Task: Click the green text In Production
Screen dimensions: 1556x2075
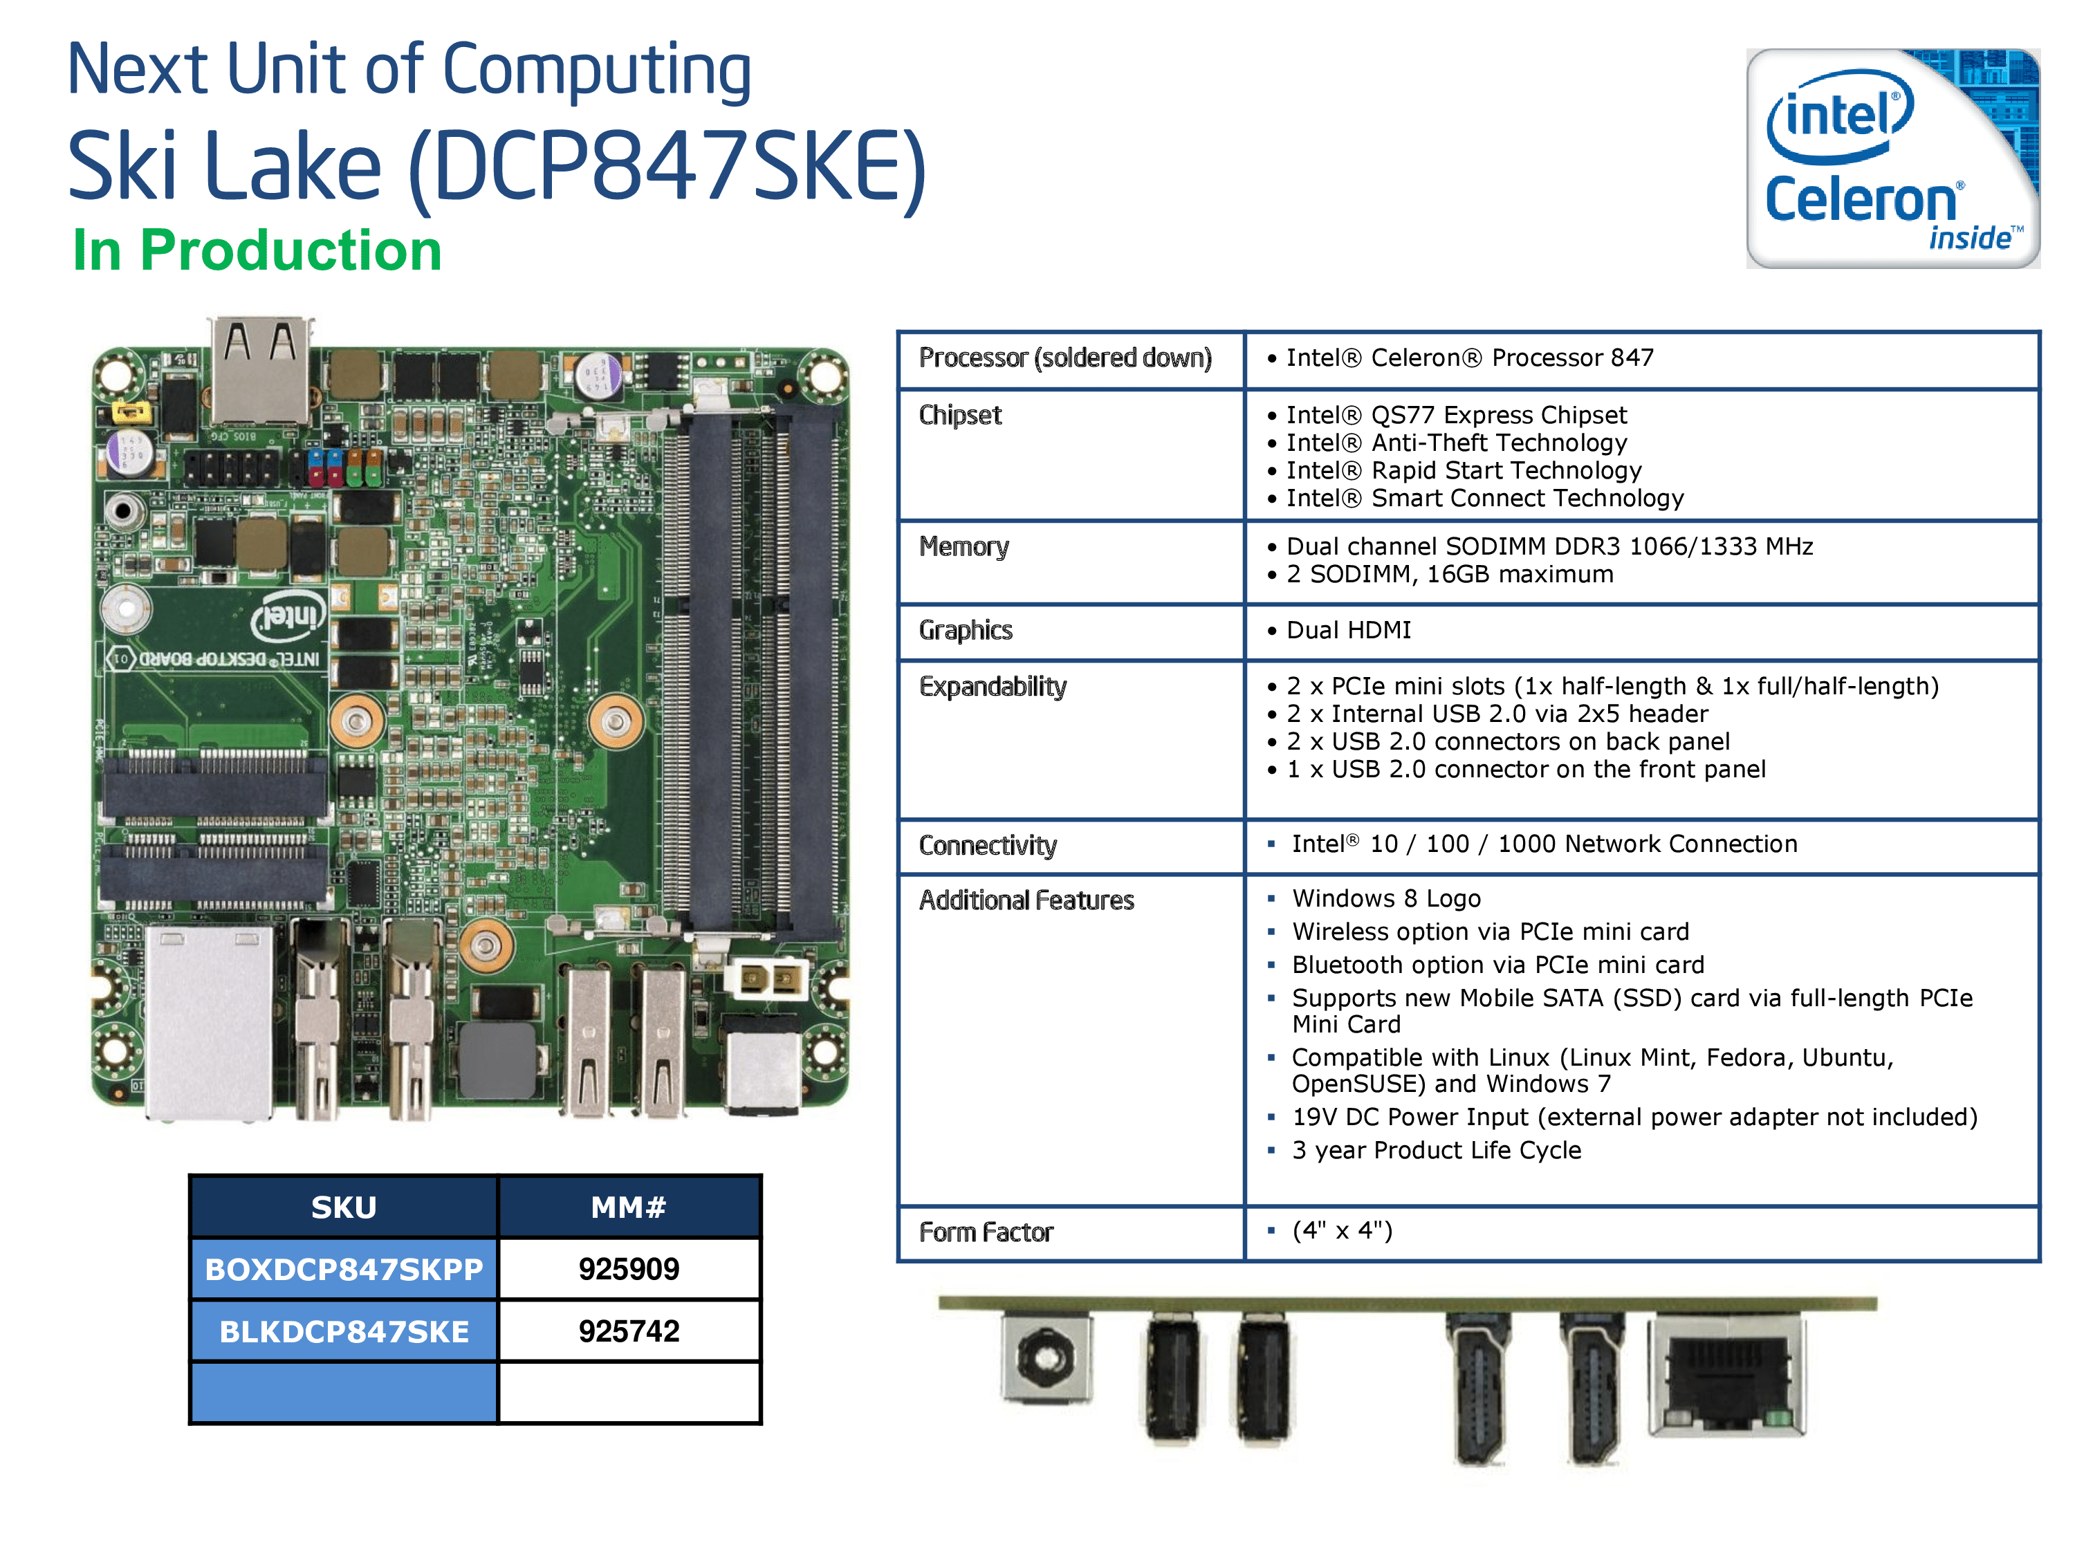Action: click(x=257, y=250)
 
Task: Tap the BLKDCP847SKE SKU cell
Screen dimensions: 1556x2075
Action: click(x=343, y=1331)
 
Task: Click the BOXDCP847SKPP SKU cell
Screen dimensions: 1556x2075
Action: click(x=343, y=1269)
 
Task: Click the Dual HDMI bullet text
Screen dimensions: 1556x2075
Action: click(x=1348, y=630)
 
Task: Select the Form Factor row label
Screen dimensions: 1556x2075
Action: click(x=986, y=1232)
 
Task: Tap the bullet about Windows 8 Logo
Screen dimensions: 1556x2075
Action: click(x=1385, y=898)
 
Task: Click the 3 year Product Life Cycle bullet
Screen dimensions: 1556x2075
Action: click(x=1435, y=1150)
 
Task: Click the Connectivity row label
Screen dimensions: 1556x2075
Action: click(x=987, y=846)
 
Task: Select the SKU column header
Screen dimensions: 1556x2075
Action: click(x=343, y=1207)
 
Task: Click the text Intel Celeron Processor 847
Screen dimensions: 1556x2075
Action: click(x=1469, y=358)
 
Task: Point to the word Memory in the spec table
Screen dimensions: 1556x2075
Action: click(x=963, y=547)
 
